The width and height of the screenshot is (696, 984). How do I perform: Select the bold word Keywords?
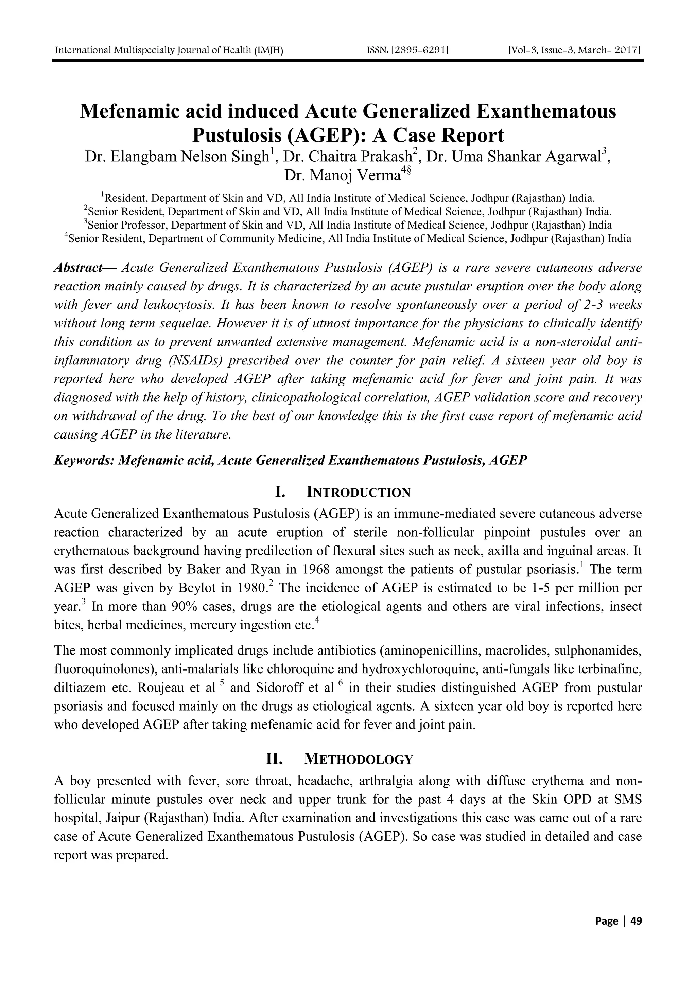click(84, 460)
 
